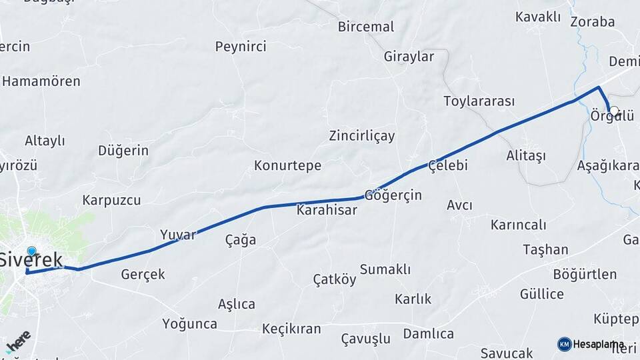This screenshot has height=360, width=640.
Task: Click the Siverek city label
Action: (x=31, y=260)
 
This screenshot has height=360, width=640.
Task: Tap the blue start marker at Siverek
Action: (x=31, y=251)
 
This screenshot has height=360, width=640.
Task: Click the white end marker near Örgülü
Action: (x=614, y=111)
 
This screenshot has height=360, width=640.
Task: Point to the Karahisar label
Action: (x=327, y=210)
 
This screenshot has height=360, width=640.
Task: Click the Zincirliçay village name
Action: (x=362, y=136)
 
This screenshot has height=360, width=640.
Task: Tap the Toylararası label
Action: (x=479, y=101)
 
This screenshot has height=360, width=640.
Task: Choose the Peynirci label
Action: (x=241, y=47)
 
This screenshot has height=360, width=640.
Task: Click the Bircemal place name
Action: (x=366, y=27)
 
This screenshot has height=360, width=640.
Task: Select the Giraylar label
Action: (x=409, y=57)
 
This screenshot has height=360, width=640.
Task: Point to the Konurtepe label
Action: (x=287, y=165)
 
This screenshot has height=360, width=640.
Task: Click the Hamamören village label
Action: (x=41, y=81)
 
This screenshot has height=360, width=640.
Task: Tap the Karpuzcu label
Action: (x=111, y=200)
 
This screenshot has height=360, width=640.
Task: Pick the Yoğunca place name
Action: (x=189, y=324)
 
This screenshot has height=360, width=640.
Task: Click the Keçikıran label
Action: (x=291, y=329)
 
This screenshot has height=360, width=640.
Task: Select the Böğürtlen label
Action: (x=585, y=275)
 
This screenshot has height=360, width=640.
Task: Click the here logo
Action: (x=18, y=341)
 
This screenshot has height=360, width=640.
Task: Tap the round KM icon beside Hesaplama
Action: (x=565, y=344)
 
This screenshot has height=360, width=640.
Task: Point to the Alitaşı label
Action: (x=525, y=155)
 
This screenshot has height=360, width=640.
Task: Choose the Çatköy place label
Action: (x=335, y=280)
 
